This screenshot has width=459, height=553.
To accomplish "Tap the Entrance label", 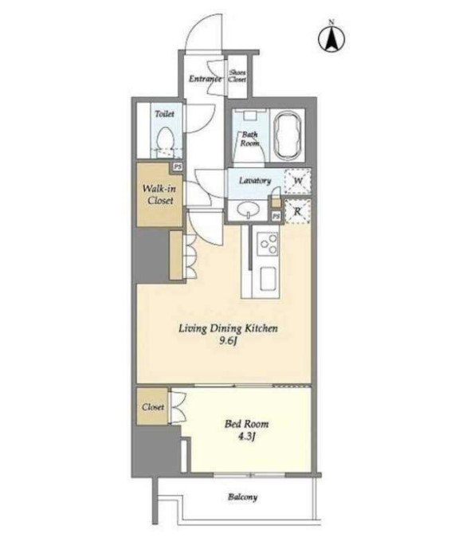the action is [x=205, y=78].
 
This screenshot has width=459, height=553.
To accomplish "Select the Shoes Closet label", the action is [x=237, y=76].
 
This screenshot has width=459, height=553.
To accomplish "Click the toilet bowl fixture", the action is [x=165, y=139].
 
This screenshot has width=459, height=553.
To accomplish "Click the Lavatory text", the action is [x=255, y=181].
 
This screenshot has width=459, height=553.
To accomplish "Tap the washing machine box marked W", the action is [x=298, y=181].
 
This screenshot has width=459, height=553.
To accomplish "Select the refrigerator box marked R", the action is [x=298, y=212].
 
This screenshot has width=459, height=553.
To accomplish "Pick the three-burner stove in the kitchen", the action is [x=268, y=243].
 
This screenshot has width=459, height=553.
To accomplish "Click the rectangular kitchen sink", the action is [x=268, y=278].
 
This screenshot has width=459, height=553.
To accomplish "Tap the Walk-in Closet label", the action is [x=160, y=194].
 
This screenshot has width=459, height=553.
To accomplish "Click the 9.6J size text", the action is [x=228, y=341].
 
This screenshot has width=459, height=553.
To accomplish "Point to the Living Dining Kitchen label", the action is [x=228, y=329].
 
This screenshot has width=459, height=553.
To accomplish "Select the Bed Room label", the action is [x=246, y=424].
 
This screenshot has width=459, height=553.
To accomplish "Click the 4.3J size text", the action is [x=246, y=437].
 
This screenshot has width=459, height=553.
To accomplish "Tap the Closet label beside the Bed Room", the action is [x=153, y=407].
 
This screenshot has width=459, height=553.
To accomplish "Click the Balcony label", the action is [x=242, y=497].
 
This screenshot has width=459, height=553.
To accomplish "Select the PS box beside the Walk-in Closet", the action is [x=177, y=167].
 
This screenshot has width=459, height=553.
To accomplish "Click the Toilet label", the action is [x=164, y=114].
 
